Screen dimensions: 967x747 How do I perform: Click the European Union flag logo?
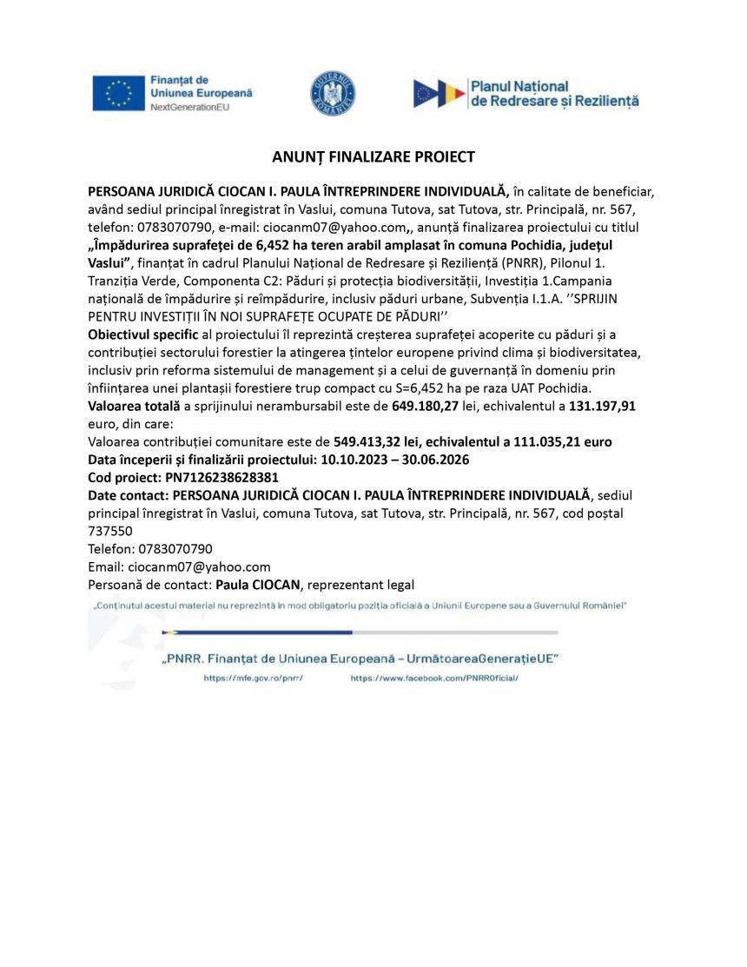pyautogui.click(x=118, y=93)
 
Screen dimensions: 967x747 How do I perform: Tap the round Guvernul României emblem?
pyautogui.click(x=333, y=94)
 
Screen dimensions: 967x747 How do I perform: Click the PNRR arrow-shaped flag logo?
pyautogui.click(x=439, y=93)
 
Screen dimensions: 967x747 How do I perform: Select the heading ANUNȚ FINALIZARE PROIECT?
pyautogui.click(x=373, y=157)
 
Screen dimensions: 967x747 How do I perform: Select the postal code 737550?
pyautogui.click(x=110, y=531)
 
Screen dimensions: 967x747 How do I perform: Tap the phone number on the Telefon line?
pyautogui.click(x=175, y=549)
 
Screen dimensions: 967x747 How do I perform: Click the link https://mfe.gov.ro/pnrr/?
pyautogui.click(x=253, y=678)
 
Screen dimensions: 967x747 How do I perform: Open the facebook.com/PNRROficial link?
pyautogui.click(x=433, y=678)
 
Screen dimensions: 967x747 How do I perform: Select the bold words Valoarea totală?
pyautogui.click(x=133, y=406)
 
